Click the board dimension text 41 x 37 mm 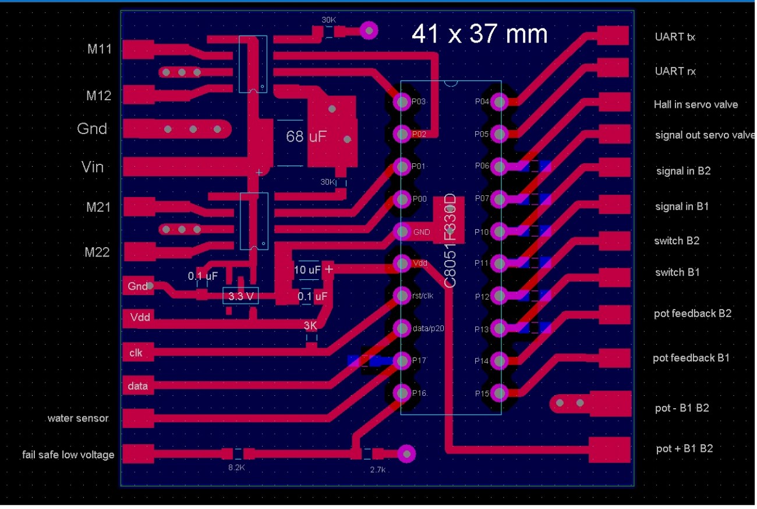[479, 34]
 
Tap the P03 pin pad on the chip [402, 102]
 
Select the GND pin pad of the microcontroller [402, 231]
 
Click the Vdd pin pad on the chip [402, 264]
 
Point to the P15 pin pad [499, 394]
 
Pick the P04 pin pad [499, 102]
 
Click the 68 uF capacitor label [306, 137]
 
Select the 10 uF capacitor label [307, 270]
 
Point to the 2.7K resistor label [378, 469]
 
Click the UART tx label [674, 37]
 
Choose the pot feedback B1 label [691, 358]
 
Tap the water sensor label [77, 419]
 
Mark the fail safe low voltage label [68, 454]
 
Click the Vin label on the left [93, 167]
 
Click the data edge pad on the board [138, 386]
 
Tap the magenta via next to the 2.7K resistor [406, 453]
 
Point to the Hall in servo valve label [695, 105]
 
